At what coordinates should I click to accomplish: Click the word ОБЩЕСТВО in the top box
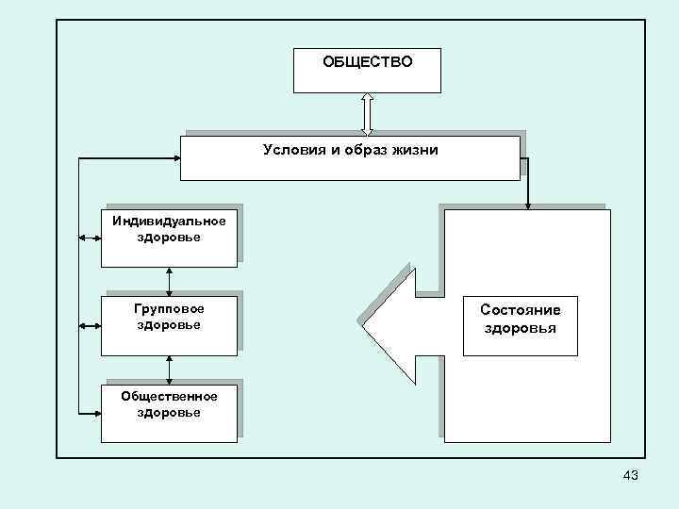(367, 62)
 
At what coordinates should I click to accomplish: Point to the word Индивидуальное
(169, 222)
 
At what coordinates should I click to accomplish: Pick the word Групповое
(169, 307)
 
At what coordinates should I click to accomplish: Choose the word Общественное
(169, 396)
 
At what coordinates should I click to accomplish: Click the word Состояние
(520, 309)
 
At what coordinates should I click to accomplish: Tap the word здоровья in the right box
(520, 328)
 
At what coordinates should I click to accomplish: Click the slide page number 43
(630, 476)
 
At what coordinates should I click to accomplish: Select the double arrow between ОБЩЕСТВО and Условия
(367, 114)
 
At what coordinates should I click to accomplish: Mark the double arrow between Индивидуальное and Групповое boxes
(169, 280)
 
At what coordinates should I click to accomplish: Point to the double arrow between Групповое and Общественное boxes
(169, 369)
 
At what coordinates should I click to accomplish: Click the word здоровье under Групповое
(169, 324)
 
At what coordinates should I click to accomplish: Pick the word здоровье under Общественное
(169, 413)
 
